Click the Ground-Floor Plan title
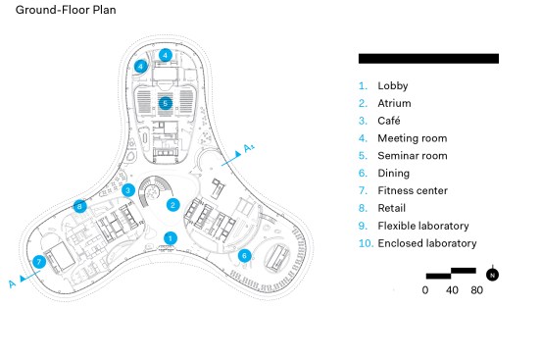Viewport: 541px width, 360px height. pyautogui.click(x=66, y=10)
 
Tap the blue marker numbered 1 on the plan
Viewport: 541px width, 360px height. pyautogui.click(x=171, y=238)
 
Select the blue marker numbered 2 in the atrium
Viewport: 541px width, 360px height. pyautogui.click(x=173, y=205)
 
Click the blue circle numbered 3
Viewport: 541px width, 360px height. pyautogui.click(x=128, y=190)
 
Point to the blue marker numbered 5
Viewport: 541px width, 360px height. pyautogui.click(x=166, y=103)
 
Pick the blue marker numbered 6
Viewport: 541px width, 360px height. pyautogui.click(x=245, y=256)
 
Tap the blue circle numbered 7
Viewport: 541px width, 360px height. pyautogui.click(x=39, y=262)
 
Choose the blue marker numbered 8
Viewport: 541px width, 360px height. pyautogui.click(x=79, y=206)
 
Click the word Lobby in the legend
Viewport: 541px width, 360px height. pyautogui.click(x=393, y=85)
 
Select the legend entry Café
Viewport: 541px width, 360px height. pyautogui.click(x=389, y=121)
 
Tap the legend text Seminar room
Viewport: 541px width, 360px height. pyautogui.click(x=413, y=155)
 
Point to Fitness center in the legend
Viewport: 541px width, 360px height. pyautogui.click(x=413, y=190)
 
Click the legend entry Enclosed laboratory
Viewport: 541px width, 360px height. pyautogui.click(x=427, y=243)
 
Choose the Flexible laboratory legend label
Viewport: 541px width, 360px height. pyautogui.click(x=423, y=226)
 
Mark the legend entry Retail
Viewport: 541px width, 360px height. pyautogui.click(x=392, y=208)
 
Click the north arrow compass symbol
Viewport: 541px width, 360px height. pyautogui.click(x=492, y=275)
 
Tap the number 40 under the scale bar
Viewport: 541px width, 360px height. pyautogui.click(x=452, y=290)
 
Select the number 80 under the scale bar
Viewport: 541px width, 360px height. pyautogui.click(x=476, y=290)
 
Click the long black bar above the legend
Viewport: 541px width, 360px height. pyautogui.click(x=428, y=59)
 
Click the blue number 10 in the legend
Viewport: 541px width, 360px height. pyautogui.click(x=366, y=243)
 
